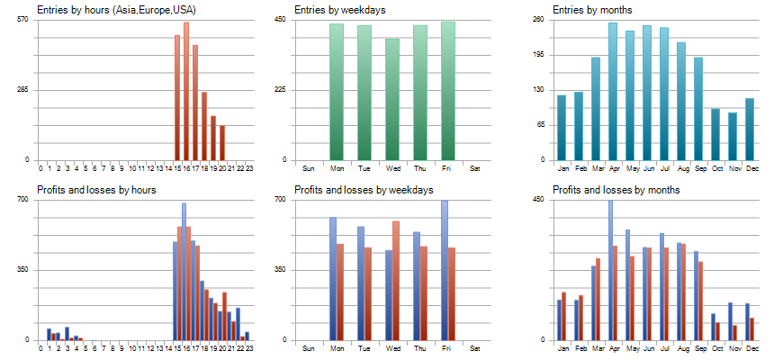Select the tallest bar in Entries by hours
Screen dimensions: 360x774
[186, 91]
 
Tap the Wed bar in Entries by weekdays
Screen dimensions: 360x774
[392, 99]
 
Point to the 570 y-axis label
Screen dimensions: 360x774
[22, 20]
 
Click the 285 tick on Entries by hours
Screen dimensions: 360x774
[22, 90]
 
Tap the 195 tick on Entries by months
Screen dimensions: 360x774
[538, 55]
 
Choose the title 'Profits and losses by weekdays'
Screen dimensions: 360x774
[364, 190]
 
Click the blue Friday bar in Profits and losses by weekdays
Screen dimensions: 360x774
[444, 270]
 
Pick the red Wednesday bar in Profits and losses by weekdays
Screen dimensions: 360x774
[396, 280]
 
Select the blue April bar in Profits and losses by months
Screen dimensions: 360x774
[610, 270]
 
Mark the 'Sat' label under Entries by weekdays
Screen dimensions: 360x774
[475, 168]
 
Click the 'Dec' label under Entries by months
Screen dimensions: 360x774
[750, 168]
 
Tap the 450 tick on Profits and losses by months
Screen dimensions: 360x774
[538, 200]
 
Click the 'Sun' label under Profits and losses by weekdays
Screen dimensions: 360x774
[308, 348]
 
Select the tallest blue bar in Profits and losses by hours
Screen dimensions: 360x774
[184, 271]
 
